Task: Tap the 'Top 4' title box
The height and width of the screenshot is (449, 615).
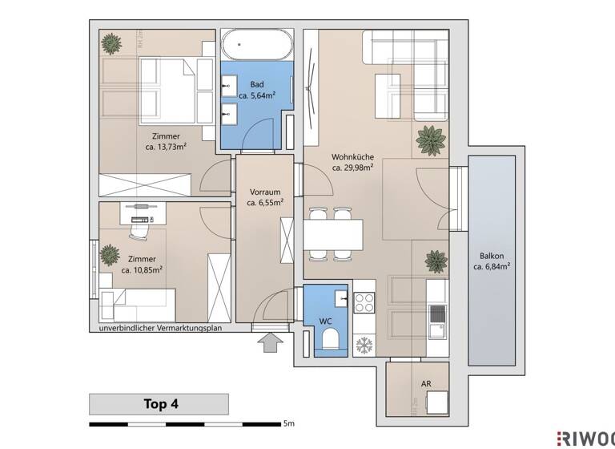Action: pos(159,403)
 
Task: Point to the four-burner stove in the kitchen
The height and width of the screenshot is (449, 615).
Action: pos(366,302)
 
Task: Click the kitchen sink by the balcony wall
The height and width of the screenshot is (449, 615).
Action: pos(436,330)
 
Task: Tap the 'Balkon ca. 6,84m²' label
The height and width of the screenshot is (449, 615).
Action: pos(492,260)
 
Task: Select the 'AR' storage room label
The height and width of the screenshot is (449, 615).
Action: pos(426,384)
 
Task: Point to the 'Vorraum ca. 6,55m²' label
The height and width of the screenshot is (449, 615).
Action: pos(264,198)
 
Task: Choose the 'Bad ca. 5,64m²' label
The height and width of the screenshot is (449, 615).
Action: pos(257,91)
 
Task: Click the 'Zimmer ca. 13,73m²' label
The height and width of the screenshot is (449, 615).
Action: pos(166,142)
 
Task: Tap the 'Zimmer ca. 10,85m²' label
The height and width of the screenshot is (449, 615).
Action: pos(143,265)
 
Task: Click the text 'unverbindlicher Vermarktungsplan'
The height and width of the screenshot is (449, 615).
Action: pos(160,329)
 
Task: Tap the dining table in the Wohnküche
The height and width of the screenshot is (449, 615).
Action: pos(332,233)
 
